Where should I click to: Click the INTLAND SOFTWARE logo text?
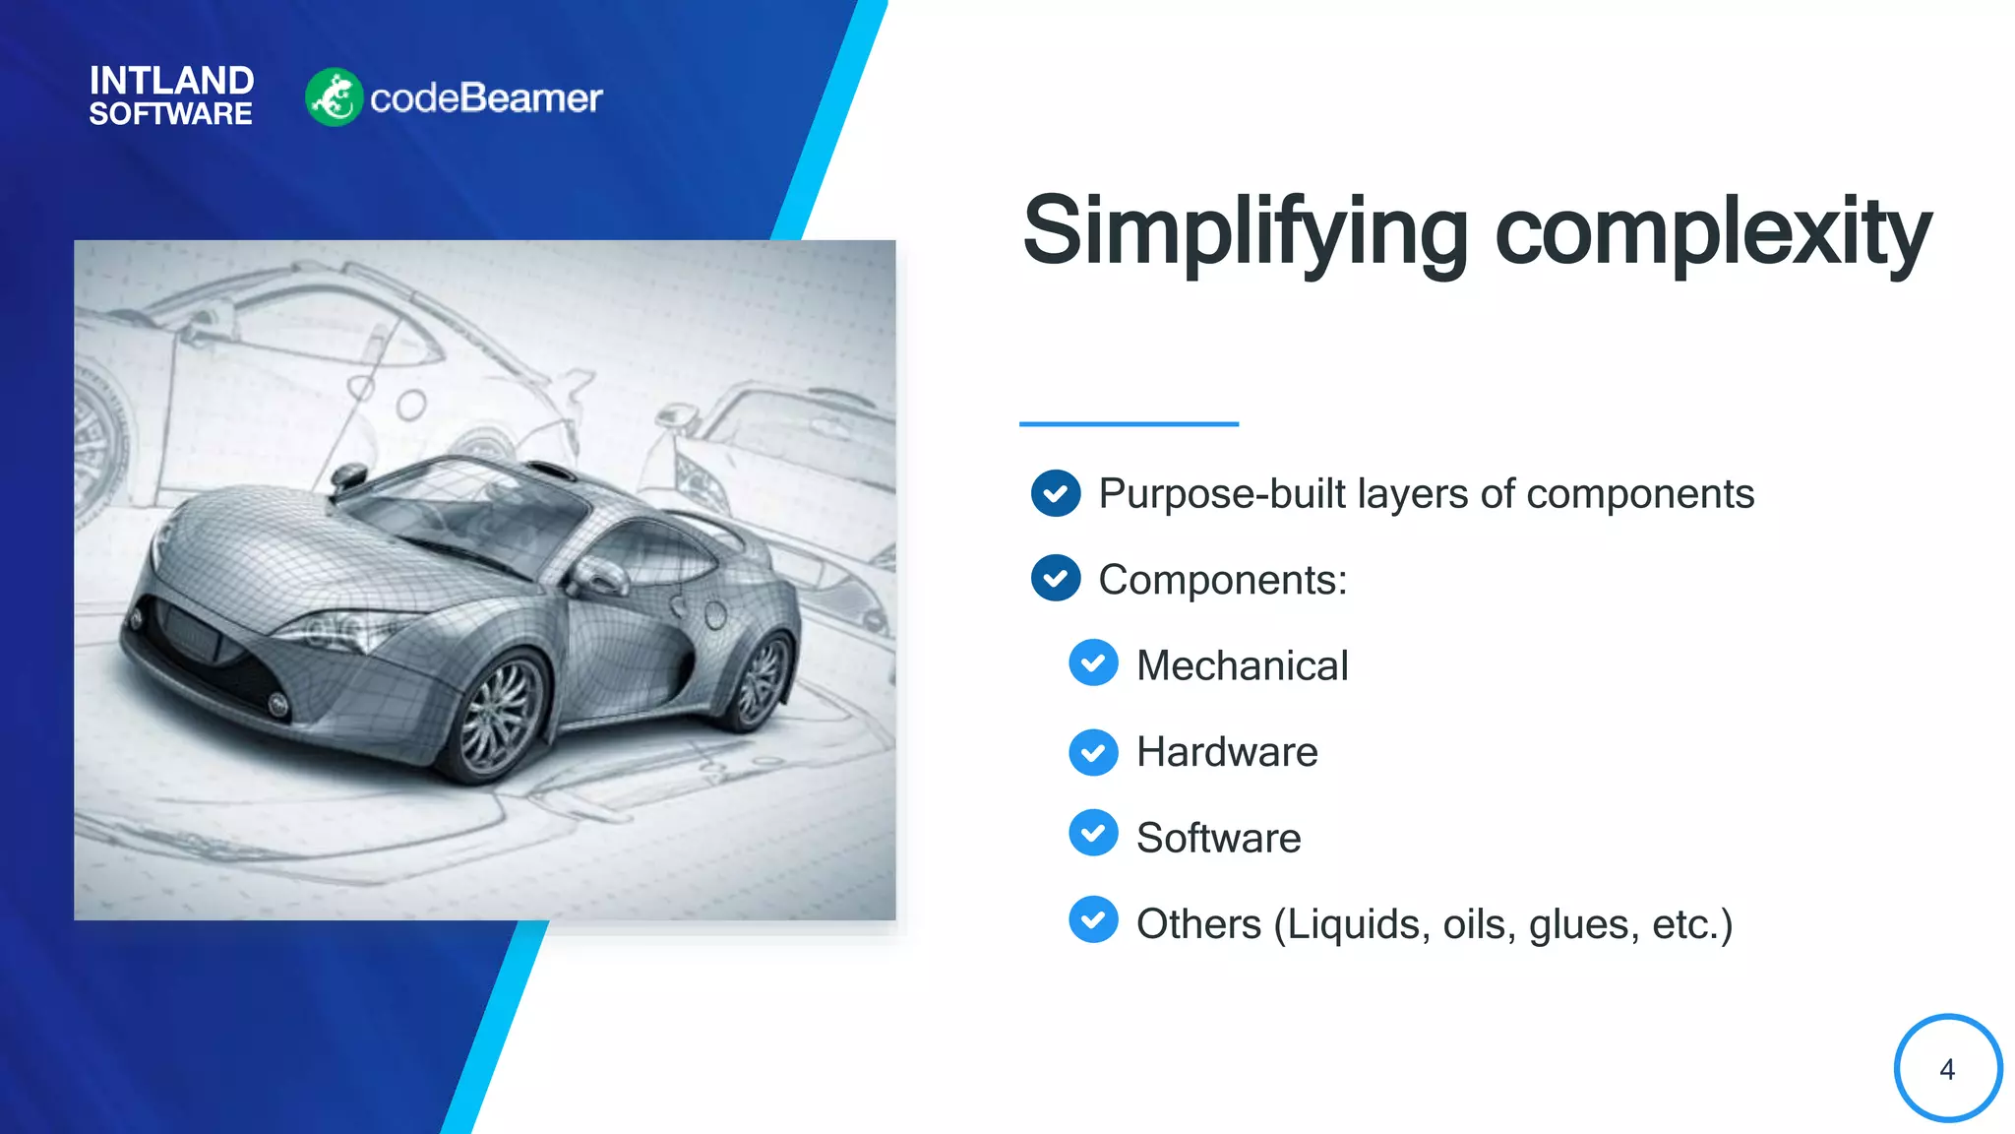tap(171, 95)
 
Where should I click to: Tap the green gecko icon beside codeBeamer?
tap(334, 97)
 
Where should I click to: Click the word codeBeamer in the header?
tap(486, 98)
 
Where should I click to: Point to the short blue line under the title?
tap(1129, 424)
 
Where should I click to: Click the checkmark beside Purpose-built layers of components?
tap(1056, 493)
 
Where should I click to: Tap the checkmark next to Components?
tap(1056, 579)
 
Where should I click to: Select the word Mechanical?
tap(1242, 665)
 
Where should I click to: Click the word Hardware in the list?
tap(1227, 752)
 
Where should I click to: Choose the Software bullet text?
tap(1218, 838)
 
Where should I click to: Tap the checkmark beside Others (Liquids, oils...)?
tap(1093, 920)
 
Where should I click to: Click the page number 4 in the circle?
tap(1946, 1069)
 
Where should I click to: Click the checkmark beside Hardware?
tap(1093, 752)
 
